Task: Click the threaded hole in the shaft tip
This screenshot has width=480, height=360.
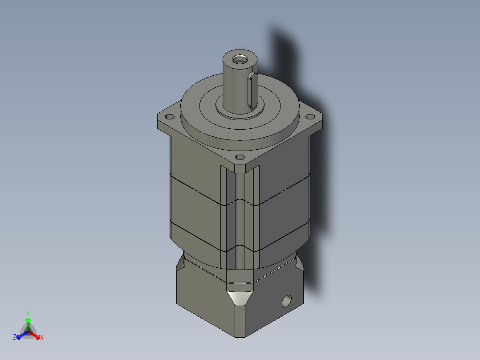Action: (x=240, y=58)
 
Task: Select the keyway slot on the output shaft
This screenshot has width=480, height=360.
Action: (x=252, y=90)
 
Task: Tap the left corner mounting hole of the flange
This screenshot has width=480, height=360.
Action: (x=170, y=117)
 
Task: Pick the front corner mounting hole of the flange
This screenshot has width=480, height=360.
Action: (x=240, y=157)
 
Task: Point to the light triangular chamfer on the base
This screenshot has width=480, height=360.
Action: (x=240, y=298)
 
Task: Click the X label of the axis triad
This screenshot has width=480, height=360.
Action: (x=42, y=338)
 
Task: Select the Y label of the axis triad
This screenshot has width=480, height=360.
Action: (x=28, y=313)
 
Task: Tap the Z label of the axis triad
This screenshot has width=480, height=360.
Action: (x=15, y=338)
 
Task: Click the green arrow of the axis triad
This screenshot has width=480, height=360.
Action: (x=28, y=323)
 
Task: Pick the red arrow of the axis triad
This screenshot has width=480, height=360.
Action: (x=35, y=335)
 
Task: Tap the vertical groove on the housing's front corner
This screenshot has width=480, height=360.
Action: (x=240, y=214)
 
